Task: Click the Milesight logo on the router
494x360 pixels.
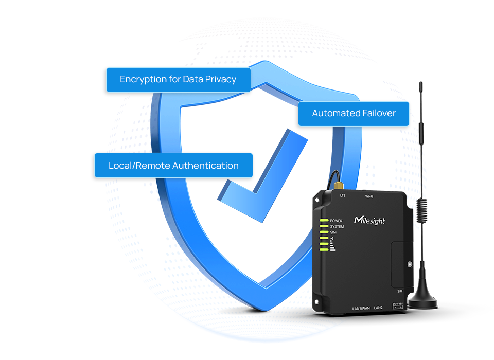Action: point(369,220)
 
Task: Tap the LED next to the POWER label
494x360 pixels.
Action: point(324,221)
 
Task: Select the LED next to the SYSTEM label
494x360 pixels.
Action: point(324,227)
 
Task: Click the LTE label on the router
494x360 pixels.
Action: point(343,195)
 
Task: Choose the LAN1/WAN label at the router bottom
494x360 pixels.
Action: point(361,308)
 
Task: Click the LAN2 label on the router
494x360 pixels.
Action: point(379,308)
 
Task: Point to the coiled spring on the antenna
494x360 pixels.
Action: point(423,211)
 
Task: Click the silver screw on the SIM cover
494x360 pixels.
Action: point(410,264)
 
